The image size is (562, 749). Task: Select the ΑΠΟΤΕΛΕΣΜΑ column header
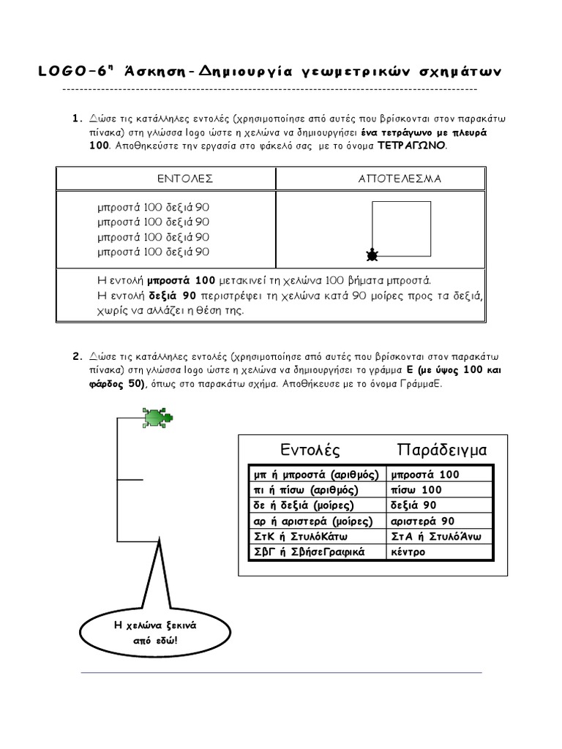pos(400,178)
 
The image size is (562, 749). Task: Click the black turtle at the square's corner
pos(372,255)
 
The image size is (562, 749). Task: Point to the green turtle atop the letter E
pos(156,418)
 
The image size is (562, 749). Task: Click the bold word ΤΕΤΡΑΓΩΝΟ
pos(411,146)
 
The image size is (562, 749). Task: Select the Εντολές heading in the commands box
pos(310,448)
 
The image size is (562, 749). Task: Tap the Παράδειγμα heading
pos(442,448)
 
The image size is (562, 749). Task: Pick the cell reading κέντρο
pos(408,552)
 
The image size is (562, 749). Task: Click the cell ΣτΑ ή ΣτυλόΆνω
pos(437,536)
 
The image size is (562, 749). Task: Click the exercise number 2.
pos(75,357)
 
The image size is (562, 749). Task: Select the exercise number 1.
pos(75,118)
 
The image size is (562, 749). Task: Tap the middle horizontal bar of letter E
pos(130,480)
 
